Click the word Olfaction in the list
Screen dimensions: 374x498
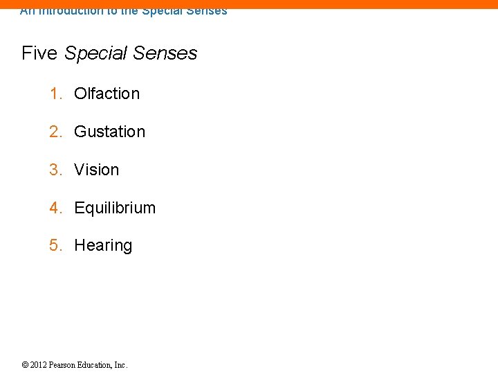tap(107, 93)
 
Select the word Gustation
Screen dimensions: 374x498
tap(109, 132)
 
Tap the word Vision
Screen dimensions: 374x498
tap(96, 170)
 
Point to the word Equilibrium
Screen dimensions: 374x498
tap(115, 208)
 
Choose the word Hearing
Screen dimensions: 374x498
tap(103, 245)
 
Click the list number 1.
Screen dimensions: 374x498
tap(55, 93)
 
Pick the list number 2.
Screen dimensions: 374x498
tap(55, 132)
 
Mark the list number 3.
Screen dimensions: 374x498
tap(55, 170)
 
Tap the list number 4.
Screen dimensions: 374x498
tap(55, 208)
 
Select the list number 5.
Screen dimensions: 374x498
tap(55, 245)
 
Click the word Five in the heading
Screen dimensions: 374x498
tap(40, 53)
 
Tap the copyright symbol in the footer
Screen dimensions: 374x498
tap(25, 365)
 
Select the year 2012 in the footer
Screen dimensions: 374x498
tap(39, 365)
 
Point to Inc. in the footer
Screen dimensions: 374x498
tap(121, 365)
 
